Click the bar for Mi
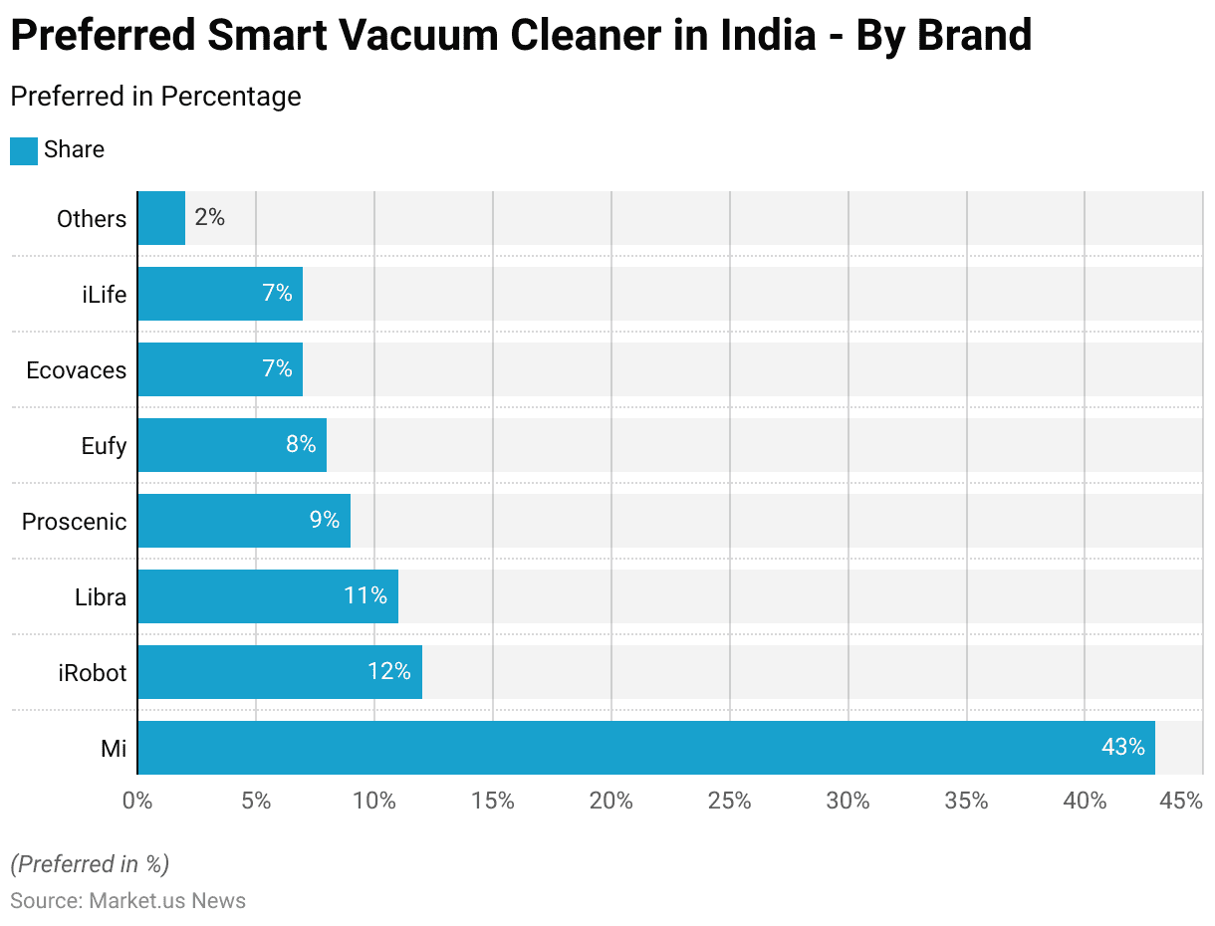pos(645,748)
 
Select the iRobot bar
pos(279,672)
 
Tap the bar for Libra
pos(267,596)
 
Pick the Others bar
pos(161,218)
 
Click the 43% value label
pos(1122,748)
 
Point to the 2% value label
pos(210,218)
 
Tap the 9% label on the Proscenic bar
pos(324,521)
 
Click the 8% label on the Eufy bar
pos(301,445)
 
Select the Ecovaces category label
pos(77,370)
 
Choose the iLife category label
pos(104,295)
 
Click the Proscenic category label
pos(75,522)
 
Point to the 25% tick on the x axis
pos(730,801)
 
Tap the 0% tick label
pos(137,801)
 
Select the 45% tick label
pos(1182,801)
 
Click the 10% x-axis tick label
pos(374,801)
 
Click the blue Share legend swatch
pos(24,150)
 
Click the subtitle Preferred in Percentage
pos(155,97)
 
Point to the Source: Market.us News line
pos(127,901)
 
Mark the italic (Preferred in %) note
pos(90,863)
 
